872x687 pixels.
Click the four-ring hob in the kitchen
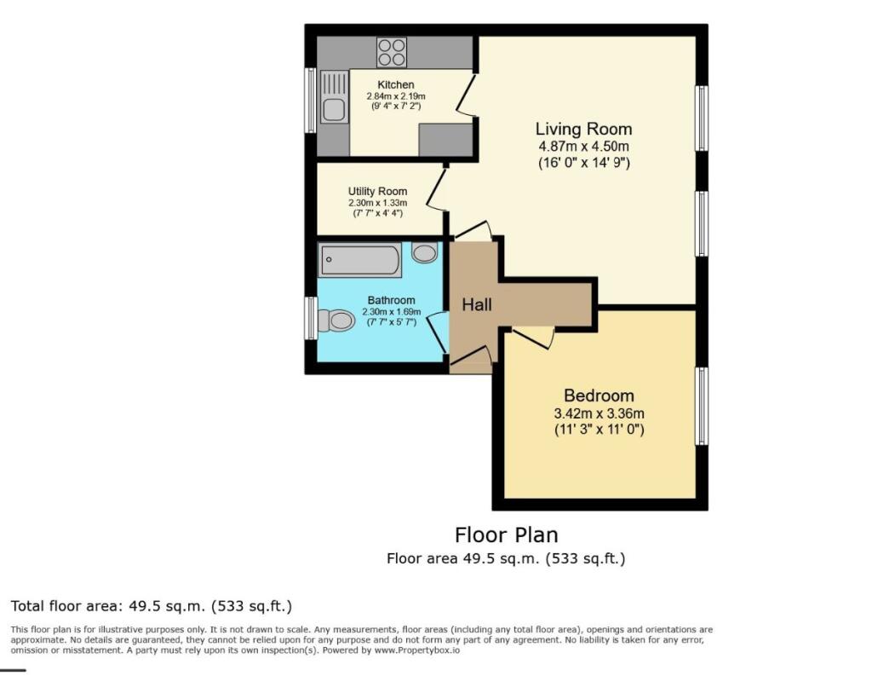point(392,53)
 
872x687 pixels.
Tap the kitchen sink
point(334,108)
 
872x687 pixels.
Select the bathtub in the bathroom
point(360,260)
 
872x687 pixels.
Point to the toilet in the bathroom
point(336,320)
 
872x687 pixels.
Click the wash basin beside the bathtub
point(424,253)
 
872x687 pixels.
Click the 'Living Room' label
point(583,130)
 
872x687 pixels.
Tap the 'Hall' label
point(477,304)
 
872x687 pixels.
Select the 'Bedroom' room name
point(599,395)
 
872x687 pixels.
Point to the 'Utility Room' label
point(377,192)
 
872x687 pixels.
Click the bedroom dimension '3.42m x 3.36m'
point(599,414)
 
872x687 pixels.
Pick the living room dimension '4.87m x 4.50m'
point(583,147)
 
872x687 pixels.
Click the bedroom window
point(702,406)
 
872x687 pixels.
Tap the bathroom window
point(311,319)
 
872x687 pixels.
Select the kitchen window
point(311,100)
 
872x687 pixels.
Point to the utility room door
point(437,189)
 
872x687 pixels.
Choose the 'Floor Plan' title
point(506,535)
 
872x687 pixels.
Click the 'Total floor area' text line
point(152,607)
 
